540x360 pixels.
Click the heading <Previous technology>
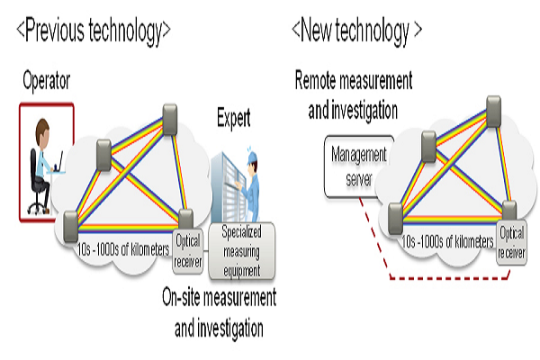pyautogui.click(x=94, y=31)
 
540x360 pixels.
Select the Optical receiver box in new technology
pyautogui.click(x=511, y=241)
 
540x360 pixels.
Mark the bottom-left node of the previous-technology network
pyautogui.click(x=72, y=219)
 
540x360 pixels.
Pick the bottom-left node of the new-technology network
pyautogui.click(x=394, y=215)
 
